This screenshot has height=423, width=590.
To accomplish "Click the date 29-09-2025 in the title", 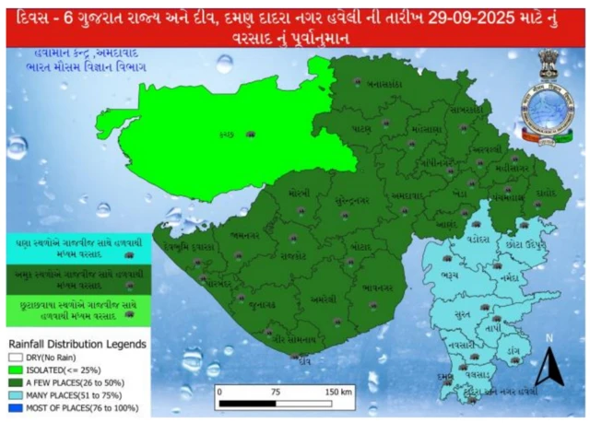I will [446, 18].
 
